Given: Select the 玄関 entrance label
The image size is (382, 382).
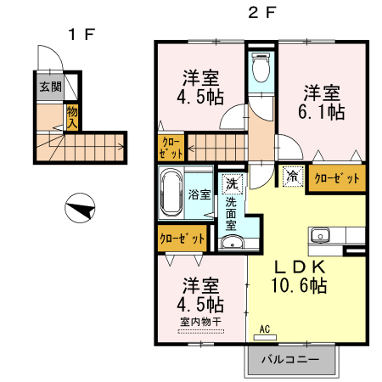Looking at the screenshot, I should [50, 87].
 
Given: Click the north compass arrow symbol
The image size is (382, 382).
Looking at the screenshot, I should [80, 208].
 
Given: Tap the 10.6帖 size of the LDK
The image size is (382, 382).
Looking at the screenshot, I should [299, 285].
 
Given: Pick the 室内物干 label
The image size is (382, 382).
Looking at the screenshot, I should [201, 322].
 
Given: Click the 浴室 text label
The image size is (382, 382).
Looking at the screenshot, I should [199, 194].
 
